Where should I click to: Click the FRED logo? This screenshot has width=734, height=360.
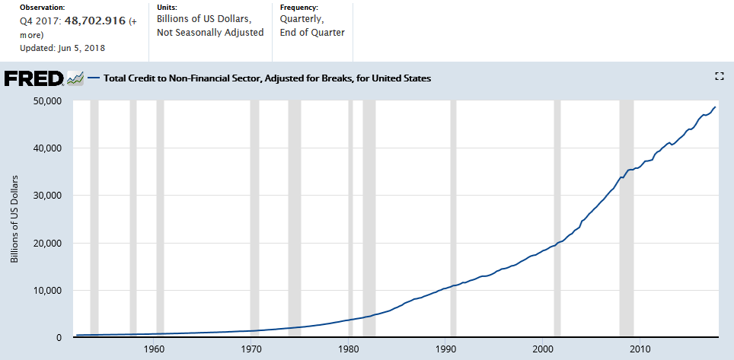(34, 78)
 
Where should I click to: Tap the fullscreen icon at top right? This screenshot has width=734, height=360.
(719, 75)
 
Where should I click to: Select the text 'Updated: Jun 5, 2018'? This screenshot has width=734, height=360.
(62, 48)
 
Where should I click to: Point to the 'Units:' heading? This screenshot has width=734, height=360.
(168, 6)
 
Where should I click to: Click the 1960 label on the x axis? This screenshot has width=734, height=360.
(154, 349)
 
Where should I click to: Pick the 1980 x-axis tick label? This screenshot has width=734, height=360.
(348, 349)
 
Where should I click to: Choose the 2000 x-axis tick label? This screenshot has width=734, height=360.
(542, 349)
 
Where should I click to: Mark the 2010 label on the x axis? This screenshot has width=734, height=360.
(640, 349)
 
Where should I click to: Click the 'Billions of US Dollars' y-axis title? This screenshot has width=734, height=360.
(14, 218)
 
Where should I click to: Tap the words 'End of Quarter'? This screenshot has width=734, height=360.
(312, 33)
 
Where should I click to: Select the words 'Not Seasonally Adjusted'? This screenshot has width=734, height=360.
(209, 33)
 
